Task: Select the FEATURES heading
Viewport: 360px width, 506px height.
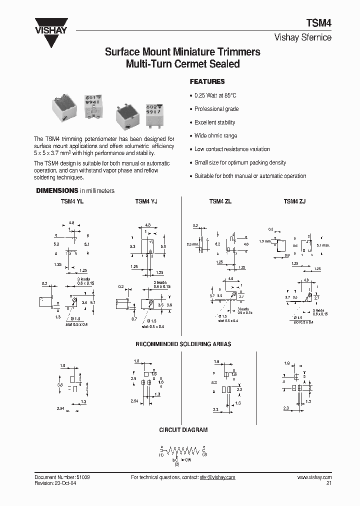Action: click(x=207, y=81)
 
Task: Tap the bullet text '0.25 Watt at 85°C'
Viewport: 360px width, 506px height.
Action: click(x=215, y=95)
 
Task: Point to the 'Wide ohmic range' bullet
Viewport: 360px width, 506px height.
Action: click(x=216, y=135)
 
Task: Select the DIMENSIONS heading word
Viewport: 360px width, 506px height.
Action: click(x=56, y=190)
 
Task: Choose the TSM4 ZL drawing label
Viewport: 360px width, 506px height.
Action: click(x=219, y=201)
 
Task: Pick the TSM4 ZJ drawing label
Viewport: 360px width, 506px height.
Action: click(x=294, y=201)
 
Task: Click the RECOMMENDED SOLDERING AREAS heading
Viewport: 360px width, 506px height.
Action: click(x=183, y=344)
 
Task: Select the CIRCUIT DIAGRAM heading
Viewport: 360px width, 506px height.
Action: click(x=183, y=430)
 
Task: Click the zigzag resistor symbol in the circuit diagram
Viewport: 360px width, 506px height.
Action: click(x=182, y=450)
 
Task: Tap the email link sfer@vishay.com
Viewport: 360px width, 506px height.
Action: click(x=217, y=477)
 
